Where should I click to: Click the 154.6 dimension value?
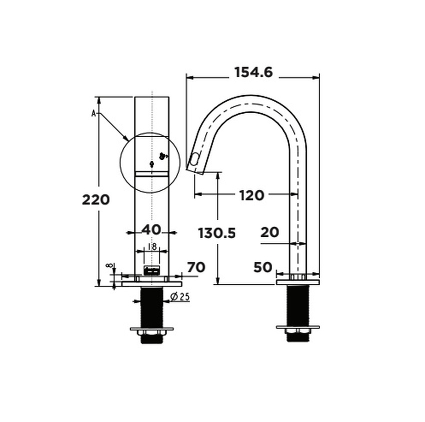point(253,73)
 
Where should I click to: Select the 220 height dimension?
point(95,200)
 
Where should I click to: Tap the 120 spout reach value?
point(252,195)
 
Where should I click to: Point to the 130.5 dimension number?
point(217,233)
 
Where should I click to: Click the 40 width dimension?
point(151,230)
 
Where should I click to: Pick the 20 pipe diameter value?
point(269,232)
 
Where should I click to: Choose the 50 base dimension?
point(263,267)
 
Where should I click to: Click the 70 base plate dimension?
point(196,267)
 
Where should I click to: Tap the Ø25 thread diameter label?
point(180,297)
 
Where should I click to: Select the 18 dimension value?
point(152,247)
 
